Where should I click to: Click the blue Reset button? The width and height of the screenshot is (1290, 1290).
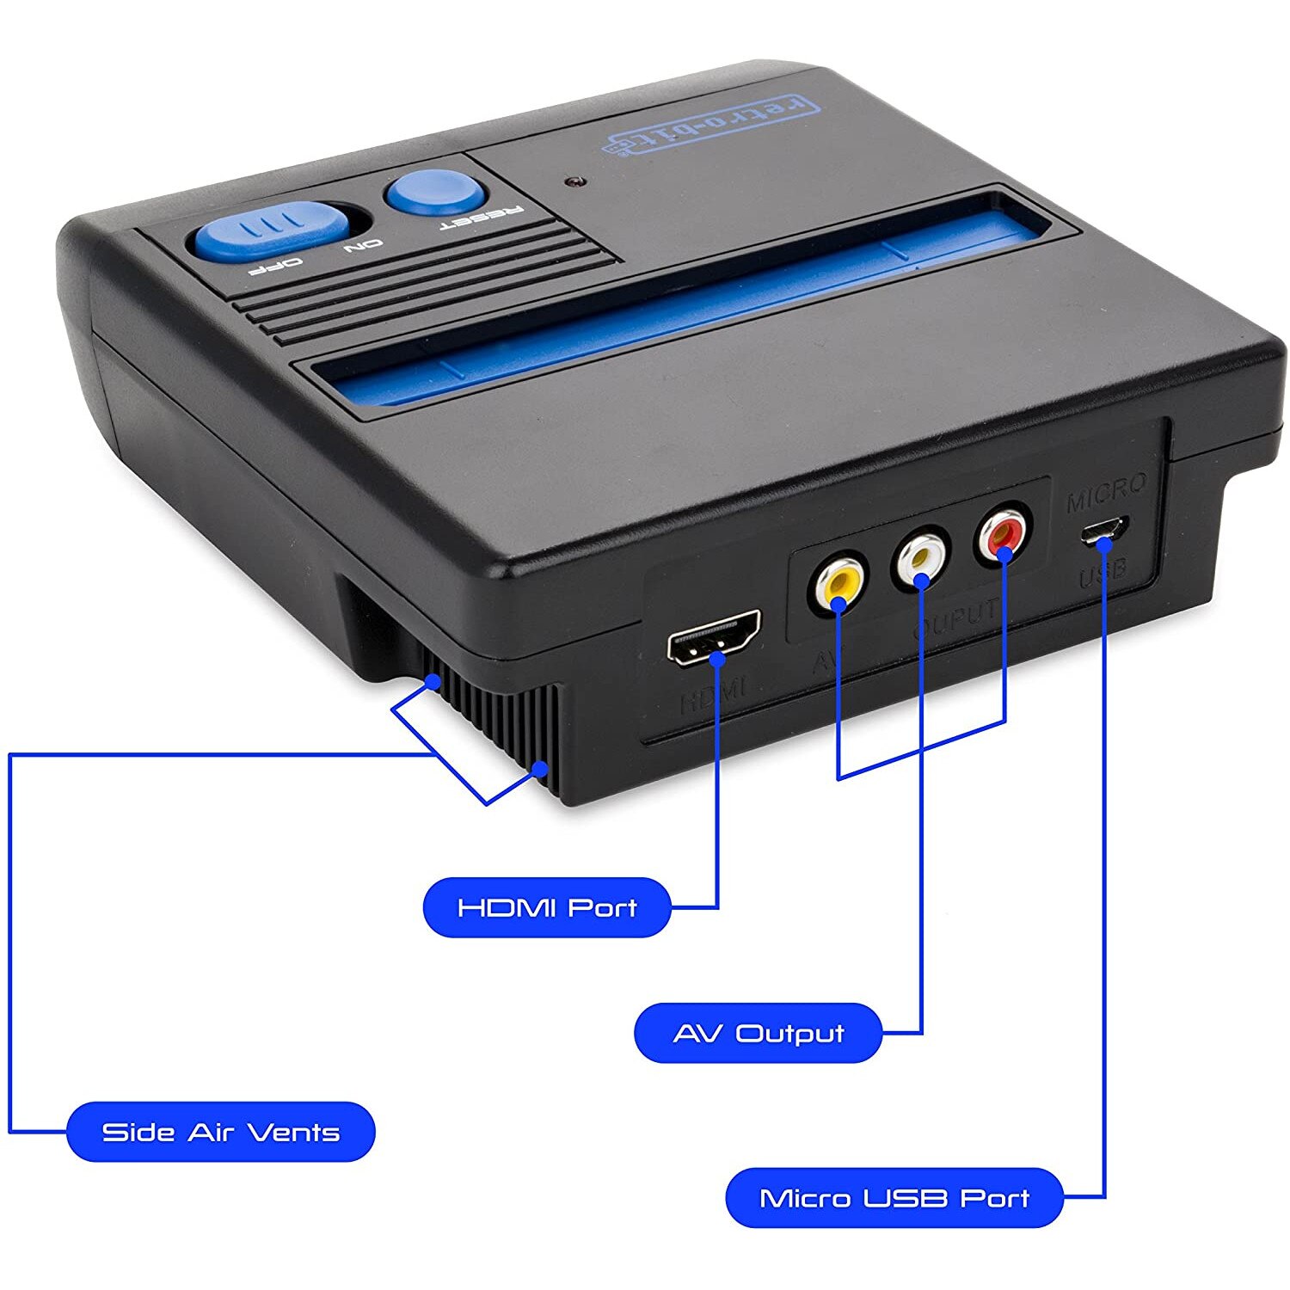coord(435,191)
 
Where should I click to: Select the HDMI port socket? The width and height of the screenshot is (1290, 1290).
coord(714,638)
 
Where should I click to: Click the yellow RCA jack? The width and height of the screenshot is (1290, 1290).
coord(837,583)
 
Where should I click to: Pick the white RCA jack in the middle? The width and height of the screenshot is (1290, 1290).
coord(921,560)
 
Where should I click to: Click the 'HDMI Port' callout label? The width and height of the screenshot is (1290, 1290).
coord(547,907)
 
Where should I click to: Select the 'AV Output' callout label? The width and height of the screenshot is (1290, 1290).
coord(758,1033)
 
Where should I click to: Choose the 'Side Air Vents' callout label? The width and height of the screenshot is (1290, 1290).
coord(221,1132)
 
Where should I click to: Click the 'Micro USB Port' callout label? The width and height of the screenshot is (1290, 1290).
coord(894,1198)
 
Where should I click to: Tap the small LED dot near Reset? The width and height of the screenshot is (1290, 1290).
coord(572,182)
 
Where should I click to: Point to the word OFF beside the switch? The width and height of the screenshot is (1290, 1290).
coord(275,265)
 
